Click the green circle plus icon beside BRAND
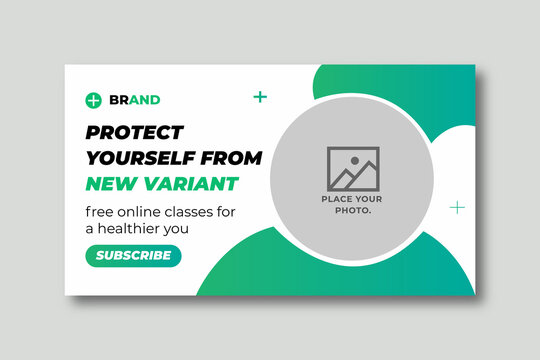(94, 100)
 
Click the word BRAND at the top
(135, 100)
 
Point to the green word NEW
(109, 183)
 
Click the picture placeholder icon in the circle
(352, 168)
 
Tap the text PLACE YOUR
(352, 199)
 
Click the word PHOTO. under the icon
(352, 210)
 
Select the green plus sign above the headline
(260, 97)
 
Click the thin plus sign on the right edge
(457, 207)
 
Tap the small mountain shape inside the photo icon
(345, 177)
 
